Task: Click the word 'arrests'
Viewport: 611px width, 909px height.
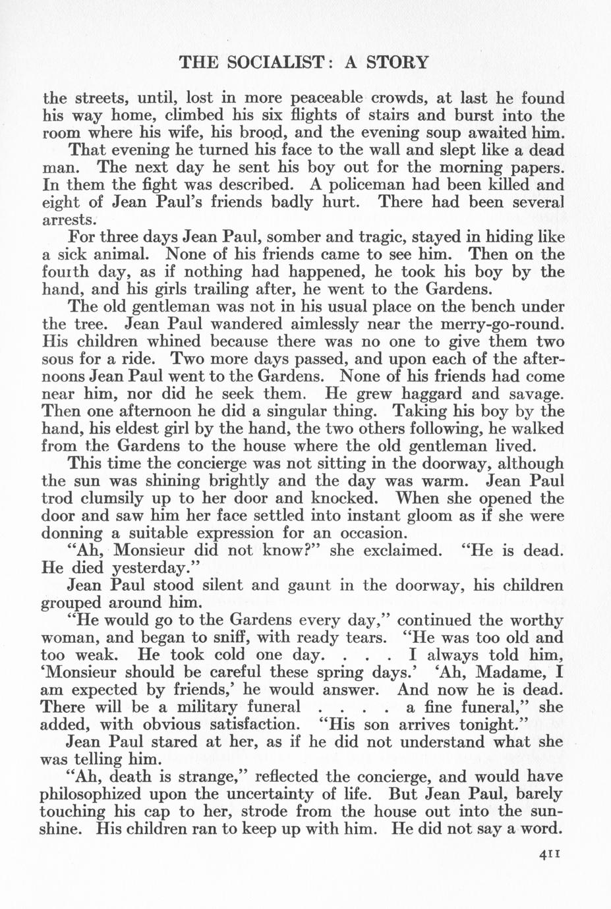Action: click(x=70, y=219)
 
